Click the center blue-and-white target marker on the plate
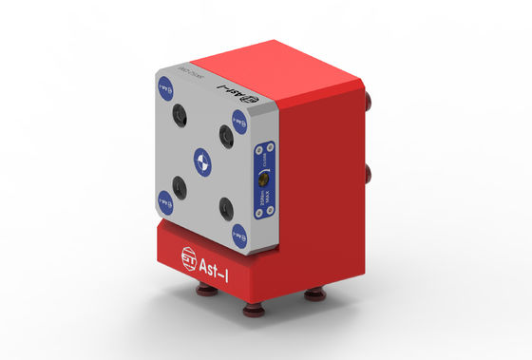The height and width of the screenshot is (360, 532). [x=200, y=160]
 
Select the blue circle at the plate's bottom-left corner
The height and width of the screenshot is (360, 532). [x=164, y=199]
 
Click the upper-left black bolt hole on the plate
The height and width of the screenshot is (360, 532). [x=180, y=116]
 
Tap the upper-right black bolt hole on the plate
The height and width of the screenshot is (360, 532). [x=226, y=133]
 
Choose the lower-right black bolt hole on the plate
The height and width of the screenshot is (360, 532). [x=225, y=206]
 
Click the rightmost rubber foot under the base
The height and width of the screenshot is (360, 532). [x=313, y=297]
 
